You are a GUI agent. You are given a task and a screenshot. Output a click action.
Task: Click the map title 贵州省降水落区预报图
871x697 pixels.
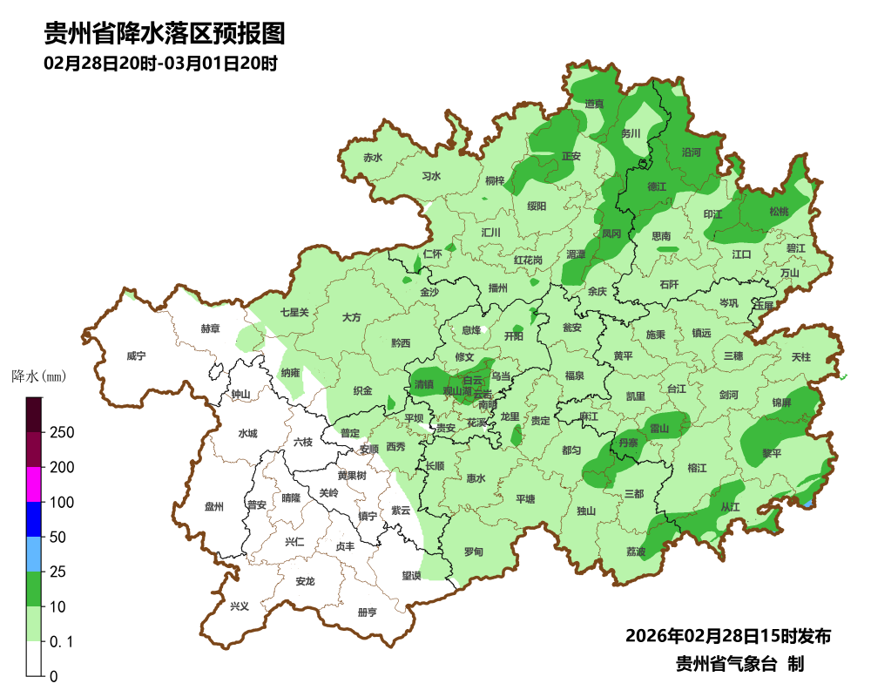(165, 34)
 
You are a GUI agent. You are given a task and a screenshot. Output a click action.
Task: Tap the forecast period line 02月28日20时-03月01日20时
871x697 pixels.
(160, 64)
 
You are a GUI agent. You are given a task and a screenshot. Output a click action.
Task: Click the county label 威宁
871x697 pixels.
(136, 356)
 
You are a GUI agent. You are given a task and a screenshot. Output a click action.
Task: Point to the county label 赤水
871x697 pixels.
(373, 158)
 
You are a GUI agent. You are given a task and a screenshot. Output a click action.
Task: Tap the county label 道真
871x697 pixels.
(594, 104)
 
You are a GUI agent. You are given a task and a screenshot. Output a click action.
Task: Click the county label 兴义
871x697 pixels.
(239, 606)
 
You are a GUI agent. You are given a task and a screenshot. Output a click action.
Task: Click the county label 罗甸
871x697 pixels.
(473, 552)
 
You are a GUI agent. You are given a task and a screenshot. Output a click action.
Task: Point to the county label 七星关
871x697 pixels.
(294, 312)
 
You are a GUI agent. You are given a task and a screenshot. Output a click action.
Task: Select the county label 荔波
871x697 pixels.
(636, 552)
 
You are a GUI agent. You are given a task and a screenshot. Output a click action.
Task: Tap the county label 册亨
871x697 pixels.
(368, 612)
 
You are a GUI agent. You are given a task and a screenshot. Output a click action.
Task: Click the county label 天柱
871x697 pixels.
(800, 357)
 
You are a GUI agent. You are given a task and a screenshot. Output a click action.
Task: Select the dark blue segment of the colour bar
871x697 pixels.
(34, 519)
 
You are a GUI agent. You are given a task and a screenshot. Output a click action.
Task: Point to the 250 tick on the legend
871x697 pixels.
(61, 433)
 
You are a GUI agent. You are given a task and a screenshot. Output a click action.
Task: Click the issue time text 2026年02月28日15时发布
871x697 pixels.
(727, 636)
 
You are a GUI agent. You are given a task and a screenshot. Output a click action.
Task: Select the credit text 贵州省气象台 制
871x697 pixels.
(739, 664)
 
